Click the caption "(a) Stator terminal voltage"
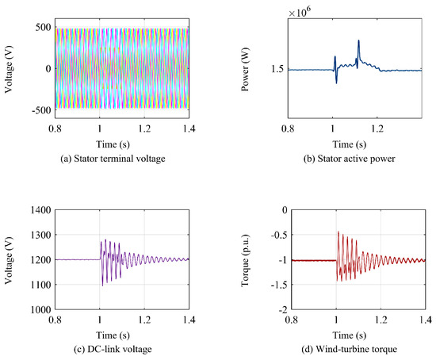(x=113, y=159)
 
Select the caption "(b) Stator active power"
(x=350, y=159)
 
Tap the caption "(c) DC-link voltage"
(x=113, y=349)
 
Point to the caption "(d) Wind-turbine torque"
(x=350, y=349)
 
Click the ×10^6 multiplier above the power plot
(x=300, y=12)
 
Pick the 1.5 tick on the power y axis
(x=277, y=69)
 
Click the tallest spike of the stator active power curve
(x=358, y=40)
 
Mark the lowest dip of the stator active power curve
(x=336, y=83)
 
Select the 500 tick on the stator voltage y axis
(x=43, y=27)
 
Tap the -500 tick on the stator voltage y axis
(x=41, y=110)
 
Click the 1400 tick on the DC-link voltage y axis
(x=40, y=210)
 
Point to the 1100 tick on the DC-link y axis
(x=40, y=285)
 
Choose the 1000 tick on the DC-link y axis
(x=40, y=309)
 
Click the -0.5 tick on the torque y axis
(x=280, y=235)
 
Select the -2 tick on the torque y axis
(x=282, y=309)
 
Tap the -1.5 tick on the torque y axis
(x=280, y=285)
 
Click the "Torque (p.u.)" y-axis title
(x=245, y=260)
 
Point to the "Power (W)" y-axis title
(x=245, y=69)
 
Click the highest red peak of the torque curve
(x=338, y=232)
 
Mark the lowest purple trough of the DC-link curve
(x=102, y=285)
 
